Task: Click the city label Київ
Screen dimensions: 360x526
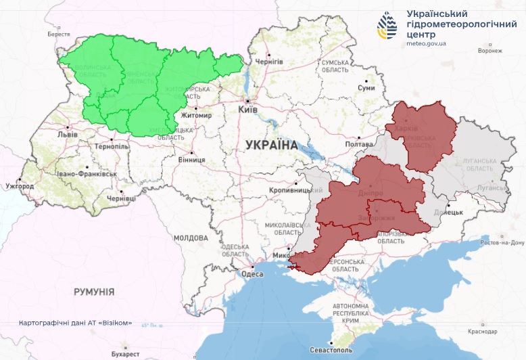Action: pos(248,109)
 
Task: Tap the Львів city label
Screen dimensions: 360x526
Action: pos(68,134)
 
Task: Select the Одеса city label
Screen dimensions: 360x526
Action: pos(252,274)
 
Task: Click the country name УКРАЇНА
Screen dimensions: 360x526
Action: pos(271,145)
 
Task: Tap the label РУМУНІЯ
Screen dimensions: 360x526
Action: pos(94,292)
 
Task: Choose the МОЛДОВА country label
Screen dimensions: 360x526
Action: pos(191,238)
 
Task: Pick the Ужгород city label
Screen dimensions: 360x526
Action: pos(19,185)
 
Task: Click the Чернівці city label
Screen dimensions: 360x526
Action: pos(121,198)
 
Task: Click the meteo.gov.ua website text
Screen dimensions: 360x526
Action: pos(426,43)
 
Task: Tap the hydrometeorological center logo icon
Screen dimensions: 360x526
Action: pos(389,26)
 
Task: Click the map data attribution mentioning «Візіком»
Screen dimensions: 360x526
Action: pos(76,323)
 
